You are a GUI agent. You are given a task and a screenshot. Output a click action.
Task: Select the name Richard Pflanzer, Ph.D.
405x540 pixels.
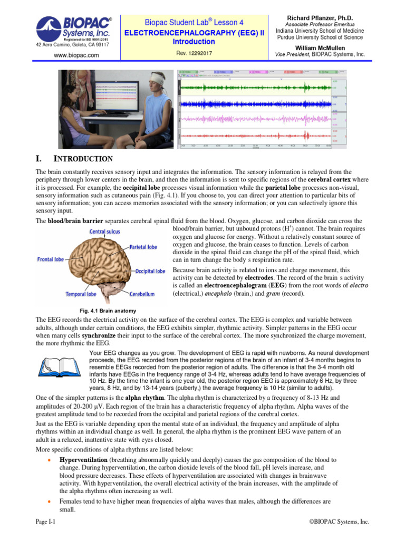click(320, 18)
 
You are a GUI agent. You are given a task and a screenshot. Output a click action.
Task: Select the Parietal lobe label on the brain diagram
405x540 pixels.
click(143, 246)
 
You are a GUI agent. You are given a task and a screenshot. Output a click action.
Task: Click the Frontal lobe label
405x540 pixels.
click(51, 259)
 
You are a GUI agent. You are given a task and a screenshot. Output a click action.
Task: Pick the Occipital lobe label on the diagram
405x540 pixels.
click(150, 271)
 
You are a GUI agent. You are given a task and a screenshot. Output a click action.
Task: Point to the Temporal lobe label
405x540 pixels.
click(81, 294)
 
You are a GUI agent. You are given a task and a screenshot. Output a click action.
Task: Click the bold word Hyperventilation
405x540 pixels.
click(83, 460)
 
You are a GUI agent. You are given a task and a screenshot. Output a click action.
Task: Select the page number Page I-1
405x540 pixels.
click(45, 522)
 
